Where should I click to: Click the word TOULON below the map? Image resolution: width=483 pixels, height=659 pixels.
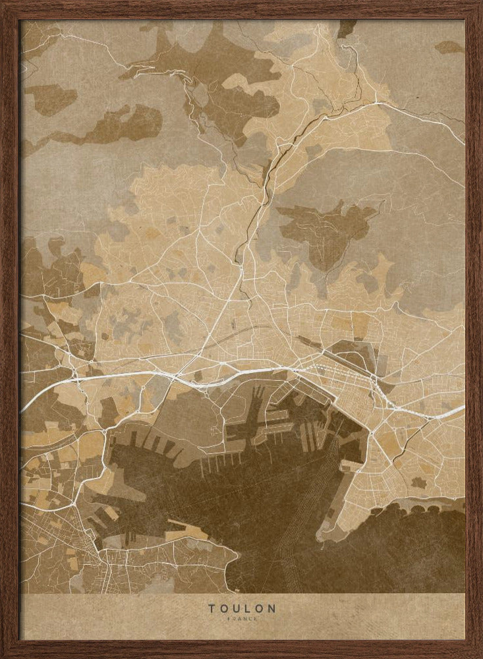point(242,608)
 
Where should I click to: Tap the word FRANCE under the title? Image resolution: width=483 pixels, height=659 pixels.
point(242,619)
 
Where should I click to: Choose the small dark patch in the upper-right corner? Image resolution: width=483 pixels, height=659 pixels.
point(449,47)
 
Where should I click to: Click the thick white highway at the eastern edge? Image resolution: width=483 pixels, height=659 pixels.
point(448,413)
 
